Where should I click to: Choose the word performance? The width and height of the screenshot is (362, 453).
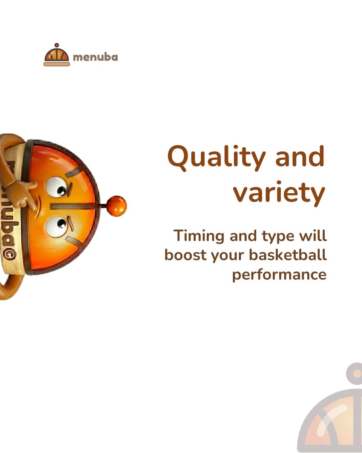(x=279, y=274)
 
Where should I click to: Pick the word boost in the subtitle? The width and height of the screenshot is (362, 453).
(x=185, y=255)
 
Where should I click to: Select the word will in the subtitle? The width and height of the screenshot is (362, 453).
(x=313, y=236)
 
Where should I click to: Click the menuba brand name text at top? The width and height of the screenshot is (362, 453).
(x=95, y=57)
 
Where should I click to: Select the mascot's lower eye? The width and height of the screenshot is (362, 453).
(x=55, y=225)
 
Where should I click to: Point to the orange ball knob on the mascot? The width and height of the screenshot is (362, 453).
(x=116, y=206)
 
